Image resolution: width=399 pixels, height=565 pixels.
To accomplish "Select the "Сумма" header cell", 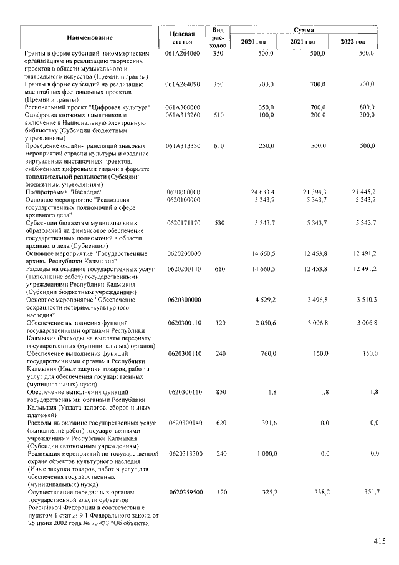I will [305, 29].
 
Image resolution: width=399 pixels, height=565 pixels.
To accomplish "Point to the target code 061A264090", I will [182, 83].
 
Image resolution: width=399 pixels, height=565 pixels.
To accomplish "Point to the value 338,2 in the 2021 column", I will [321, 493].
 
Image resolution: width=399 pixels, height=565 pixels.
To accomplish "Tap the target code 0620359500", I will [183, 493].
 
